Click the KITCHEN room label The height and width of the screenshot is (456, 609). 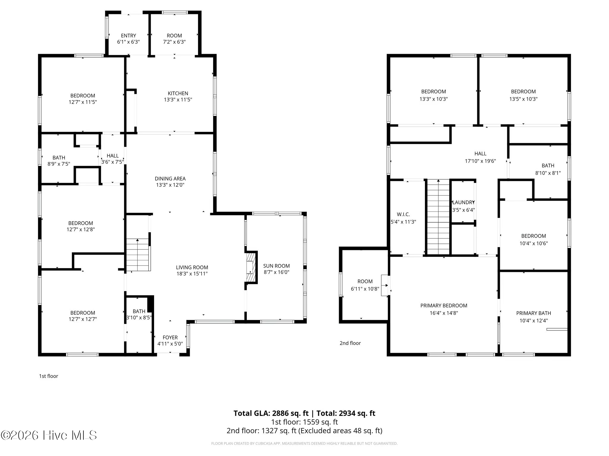(x=178, y=93)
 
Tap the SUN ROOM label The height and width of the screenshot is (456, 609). (x=276, y=266)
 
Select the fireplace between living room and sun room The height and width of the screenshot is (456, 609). (x=251, y=267)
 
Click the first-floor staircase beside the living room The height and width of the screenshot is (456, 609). (x=137, y=255)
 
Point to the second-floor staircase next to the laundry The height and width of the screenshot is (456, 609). (x=438, y=217)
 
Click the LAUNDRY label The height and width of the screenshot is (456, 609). (x=463, y=202)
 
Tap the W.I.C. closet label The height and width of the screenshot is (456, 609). (x=403, y=214)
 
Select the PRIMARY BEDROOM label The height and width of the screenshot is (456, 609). (x=444, y=305)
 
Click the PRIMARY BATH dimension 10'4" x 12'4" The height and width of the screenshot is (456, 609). (x=533, y=321)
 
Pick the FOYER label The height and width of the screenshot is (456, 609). (x=170, y=338)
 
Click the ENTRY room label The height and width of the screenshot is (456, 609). (x=128, y=36)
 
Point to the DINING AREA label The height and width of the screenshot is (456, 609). (x=170, y=178)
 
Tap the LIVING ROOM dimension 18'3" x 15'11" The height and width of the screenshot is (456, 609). (x=192, y=274)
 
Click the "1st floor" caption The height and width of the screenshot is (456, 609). (x=48, y=376)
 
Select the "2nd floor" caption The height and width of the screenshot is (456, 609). (x=350, y=343)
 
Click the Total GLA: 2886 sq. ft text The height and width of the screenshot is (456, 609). (x=271, y=413)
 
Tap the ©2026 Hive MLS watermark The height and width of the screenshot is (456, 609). (x=49, y=435)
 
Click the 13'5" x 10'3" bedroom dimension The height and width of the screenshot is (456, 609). (x=523, y=99)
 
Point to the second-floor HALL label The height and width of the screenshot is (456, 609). (x=480, y=153)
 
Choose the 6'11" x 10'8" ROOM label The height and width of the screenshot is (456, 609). (x=365, y=281)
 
